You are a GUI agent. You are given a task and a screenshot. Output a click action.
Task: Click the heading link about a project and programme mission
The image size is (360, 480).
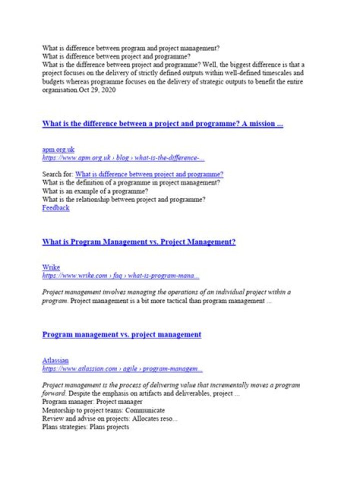(x=162, y=123)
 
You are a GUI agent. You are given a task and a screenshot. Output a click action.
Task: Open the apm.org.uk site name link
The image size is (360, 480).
(x=58, y=149)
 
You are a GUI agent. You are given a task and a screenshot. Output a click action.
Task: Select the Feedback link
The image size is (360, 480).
(x=56, y=208)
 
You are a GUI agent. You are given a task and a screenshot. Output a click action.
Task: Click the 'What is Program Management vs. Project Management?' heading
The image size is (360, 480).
(x=139, y=242)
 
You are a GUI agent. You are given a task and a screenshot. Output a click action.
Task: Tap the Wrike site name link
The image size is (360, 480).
(x=51, y=267)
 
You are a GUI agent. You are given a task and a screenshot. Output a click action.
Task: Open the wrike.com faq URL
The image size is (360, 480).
(x=120, y=276)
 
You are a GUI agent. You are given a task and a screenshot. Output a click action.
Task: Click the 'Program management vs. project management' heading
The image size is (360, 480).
(x=122, y=334)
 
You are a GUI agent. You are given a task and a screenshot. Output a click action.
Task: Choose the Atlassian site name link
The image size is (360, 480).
(x=55, y=360)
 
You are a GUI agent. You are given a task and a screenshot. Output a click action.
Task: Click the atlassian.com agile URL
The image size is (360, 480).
(x=122, y=369)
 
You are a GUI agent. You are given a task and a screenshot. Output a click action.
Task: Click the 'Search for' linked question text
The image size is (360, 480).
(x=149, y=174)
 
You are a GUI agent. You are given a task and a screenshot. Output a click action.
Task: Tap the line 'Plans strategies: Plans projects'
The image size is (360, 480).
(x=85, y=427)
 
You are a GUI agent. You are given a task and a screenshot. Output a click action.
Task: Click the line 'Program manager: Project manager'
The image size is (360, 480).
(x=92, y=402)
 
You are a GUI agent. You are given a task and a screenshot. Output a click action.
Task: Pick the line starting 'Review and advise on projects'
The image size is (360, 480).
(x=109, y=419)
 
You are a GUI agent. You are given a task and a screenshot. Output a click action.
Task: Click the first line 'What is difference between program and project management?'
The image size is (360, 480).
(x=131, y=48)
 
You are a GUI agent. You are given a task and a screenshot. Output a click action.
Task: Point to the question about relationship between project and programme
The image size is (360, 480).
(x=124, y=200)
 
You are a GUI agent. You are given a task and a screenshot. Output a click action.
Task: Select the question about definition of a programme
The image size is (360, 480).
(x=131, y=183)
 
